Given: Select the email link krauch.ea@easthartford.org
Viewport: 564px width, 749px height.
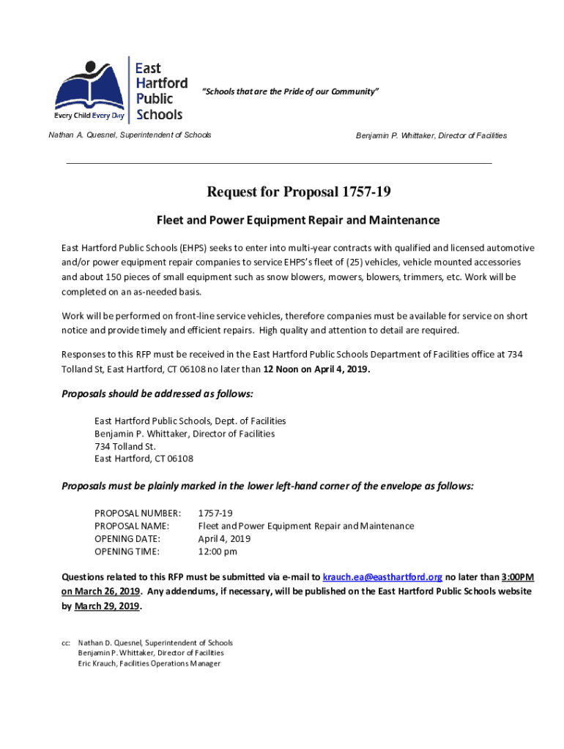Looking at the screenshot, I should (x=382, y=577).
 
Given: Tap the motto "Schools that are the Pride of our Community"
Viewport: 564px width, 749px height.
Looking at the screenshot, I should (x=291, y=91).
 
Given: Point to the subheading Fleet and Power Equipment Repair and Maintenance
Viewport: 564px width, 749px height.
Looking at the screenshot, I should (x=298, y=220).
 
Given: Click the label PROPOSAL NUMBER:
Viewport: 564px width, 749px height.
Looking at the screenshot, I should (x=138, y=513).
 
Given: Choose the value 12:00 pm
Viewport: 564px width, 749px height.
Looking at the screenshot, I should (x=218, y=552).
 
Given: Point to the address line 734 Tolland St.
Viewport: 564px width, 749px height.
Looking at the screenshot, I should (x=125, y=446).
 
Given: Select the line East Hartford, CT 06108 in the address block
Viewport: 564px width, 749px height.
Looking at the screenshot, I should (x=144, y=459).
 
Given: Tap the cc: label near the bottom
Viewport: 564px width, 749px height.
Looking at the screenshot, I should (x=66, y=643).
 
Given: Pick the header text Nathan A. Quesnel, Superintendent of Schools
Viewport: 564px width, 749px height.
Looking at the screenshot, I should (x=130, y=135).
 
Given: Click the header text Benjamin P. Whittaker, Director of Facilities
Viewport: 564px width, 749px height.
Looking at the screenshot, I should (x=431, y=136).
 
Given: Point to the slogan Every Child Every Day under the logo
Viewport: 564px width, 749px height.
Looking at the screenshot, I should (x=89, y=116).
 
